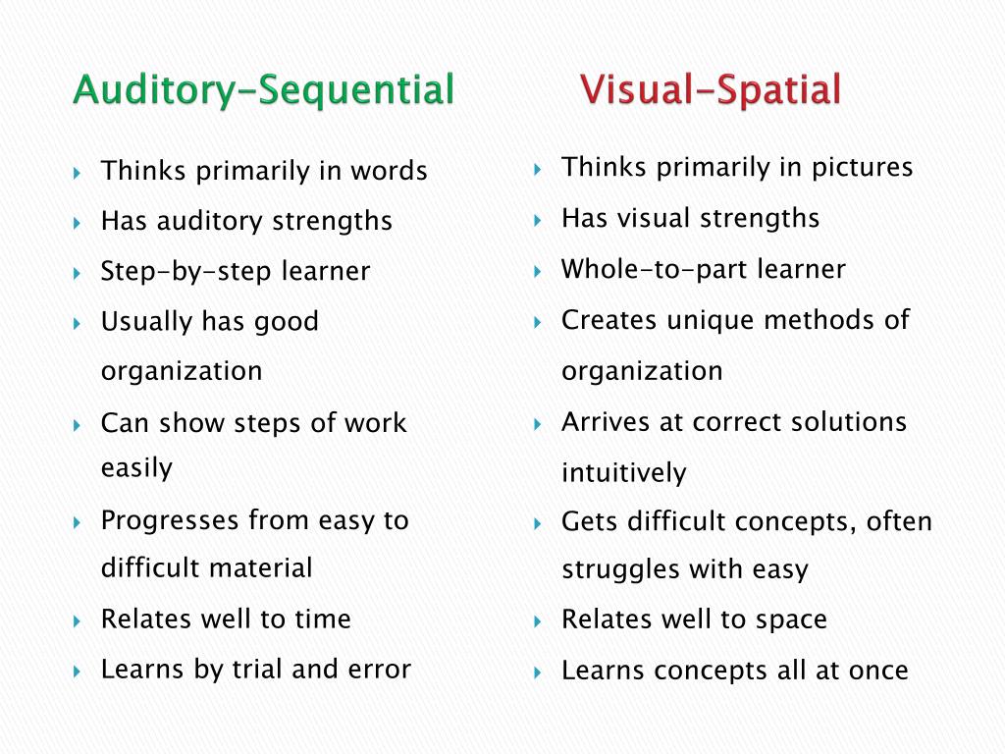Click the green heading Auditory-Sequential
263,90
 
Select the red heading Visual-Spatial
711,90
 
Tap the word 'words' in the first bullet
388,172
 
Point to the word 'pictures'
862,168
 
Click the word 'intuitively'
623,473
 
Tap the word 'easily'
136,468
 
